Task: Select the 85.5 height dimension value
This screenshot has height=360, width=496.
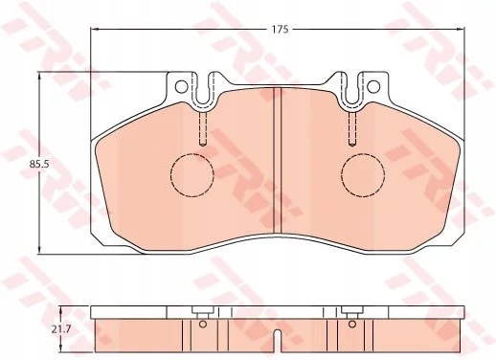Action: pos(39,165)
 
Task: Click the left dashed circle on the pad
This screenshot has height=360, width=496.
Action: pos(192,174)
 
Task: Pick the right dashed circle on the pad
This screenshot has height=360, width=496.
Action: pos(361,174)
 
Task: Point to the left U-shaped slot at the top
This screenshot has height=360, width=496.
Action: pos(201,92)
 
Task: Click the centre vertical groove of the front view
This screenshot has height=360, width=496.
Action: pos(277,162)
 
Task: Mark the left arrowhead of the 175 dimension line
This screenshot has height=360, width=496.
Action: pos(95,30)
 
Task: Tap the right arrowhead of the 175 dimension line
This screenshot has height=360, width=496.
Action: pos(460,30)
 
